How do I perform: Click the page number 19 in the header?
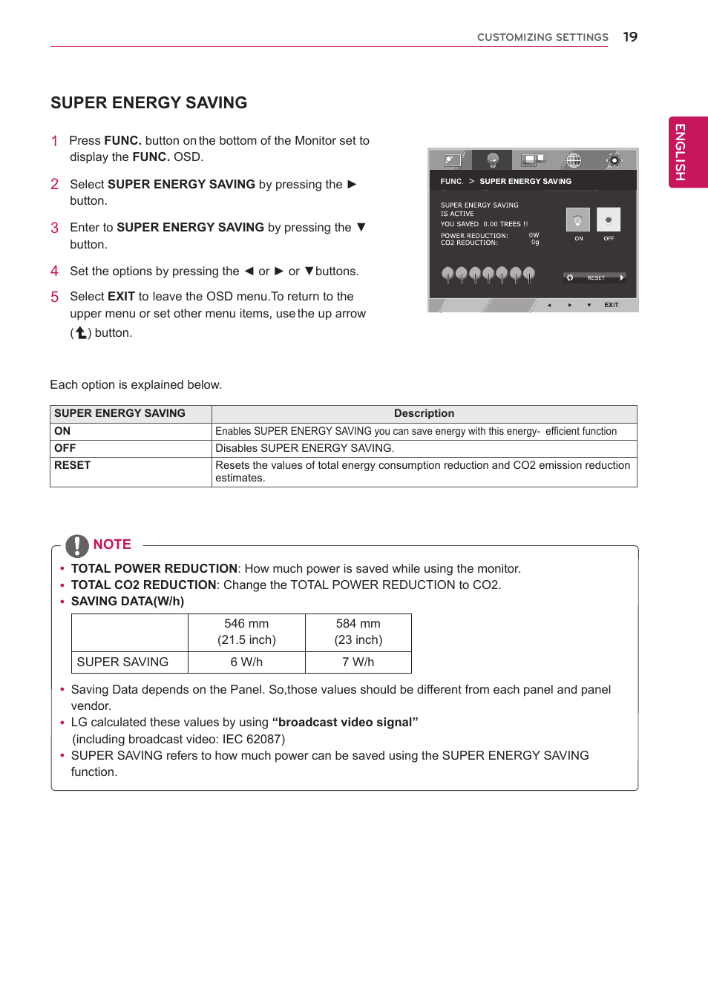pos(630,37)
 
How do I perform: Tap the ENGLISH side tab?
pos(687,152)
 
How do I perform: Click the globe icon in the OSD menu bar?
pos(573,159)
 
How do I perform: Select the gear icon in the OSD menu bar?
pos(614,159)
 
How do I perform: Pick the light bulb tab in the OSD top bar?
pos(492,159)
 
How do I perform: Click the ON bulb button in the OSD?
pos(578,220)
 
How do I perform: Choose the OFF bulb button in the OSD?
pos(609,220)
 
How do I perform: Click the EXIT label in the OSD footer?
pos(611,305)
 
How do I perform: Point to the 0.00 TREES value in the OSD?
pos(505,224)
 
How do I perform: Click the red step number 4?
pos(54,272)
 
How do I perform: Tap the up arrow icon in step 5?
pos(81,333)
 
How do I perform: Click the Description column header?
pos(424,414)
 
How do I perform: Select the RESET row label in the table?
pos(73,465)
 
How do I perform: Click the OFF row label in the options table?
pos(65,448)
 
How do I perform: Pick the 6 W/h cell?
pos(246,662)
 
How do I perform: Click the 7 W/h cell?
pos(358,662)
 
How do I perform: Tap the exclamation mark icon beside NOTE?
pos(77,545)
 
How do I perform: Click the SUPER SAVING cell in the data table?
pos(122,662)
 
